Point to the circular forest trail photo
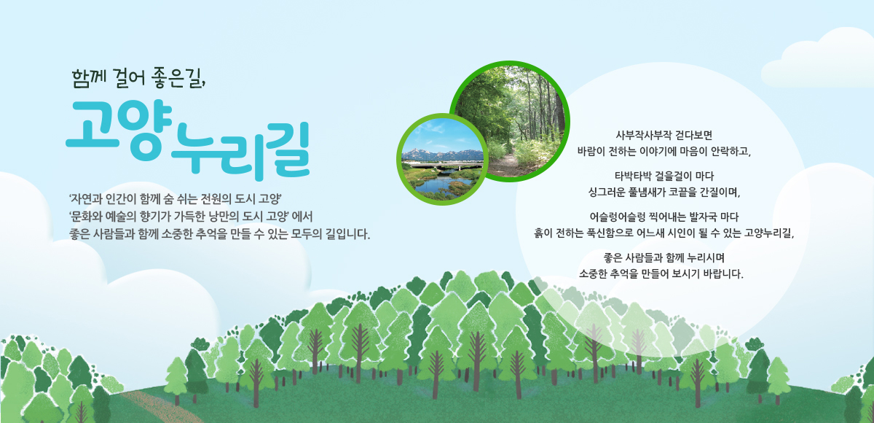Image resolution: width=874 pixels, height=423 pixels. (509, 121)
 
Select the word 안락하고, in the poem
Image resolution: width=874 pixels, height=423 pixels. (725, 152)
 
